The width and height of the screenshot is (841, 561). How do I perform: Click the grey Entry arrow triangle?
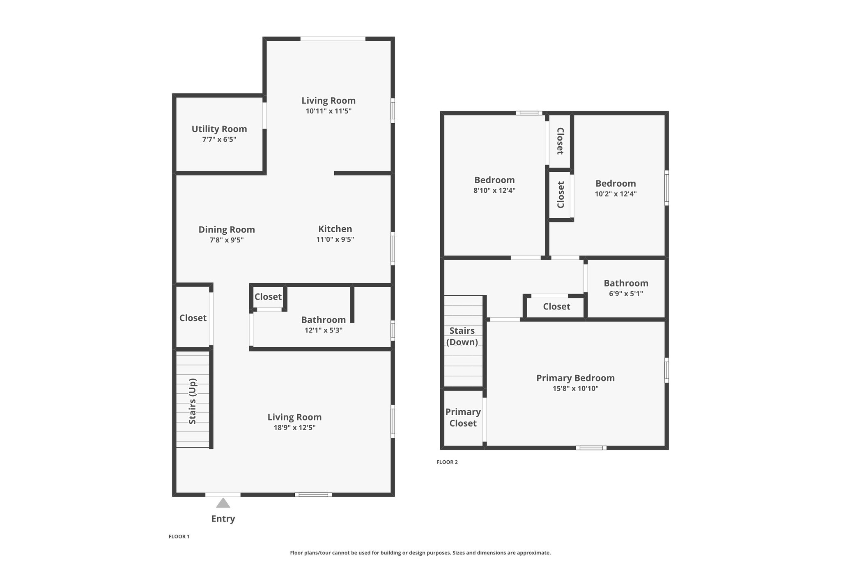[x=223, y=503]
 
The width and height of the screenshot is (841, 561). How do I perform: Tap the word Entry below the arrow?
[x=223, y=519]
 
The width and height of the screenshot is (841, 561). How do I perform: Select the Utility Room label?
[x=219, y=129]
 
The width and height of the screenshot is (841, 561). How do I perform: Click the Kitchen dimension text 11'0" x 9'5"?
[x=335, y=239]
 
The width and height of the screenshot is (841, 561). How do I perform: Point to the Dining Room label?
[x=227, y=229]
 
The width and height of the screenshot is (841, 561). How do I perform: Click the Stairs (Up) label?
[x=193, y=401]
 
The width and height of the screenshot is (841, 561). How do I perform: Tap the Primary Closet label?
[x=463, y=418]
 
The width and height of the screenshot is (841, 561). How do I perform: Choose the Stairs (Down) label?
[x=462, y=336]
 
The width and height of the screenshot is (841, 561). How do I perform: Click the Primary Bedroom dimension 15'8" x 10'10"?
[x=576, y=388]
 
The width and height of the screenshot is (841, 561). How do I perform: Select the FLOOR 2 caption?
[x=447, y=462]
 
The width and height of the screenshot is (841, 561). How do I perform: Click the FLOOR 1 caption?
[x=179, y=536]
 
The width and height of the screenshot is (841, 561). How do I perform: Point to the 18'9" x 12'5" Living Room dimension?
[x=294, y=427]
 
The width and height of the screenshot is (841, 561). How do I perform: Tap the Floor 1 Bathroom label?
[x=324, y=319]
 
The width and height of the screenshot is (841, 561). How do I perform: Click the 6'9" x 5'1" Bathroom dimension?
[x=626, y=293]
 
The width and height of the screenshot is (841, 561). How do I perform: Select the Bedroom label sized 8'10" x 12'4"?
[x=494, y=180]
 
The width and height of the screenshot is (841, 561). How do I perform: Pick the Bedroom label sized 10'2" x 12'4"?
[x=616, y=183]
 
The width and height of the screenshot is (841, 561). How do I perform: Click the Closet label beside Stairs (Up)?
[x=193, y=318]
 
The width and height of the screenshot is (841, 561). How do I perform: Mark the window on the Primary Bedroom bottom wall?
[x=591, y=448]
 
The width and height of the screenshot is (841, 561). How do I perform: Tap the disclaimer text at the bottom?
[x=420, y=553]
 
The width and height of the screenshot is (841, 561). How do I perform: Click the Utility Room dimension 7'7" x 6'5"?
[x=219, y=139]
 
